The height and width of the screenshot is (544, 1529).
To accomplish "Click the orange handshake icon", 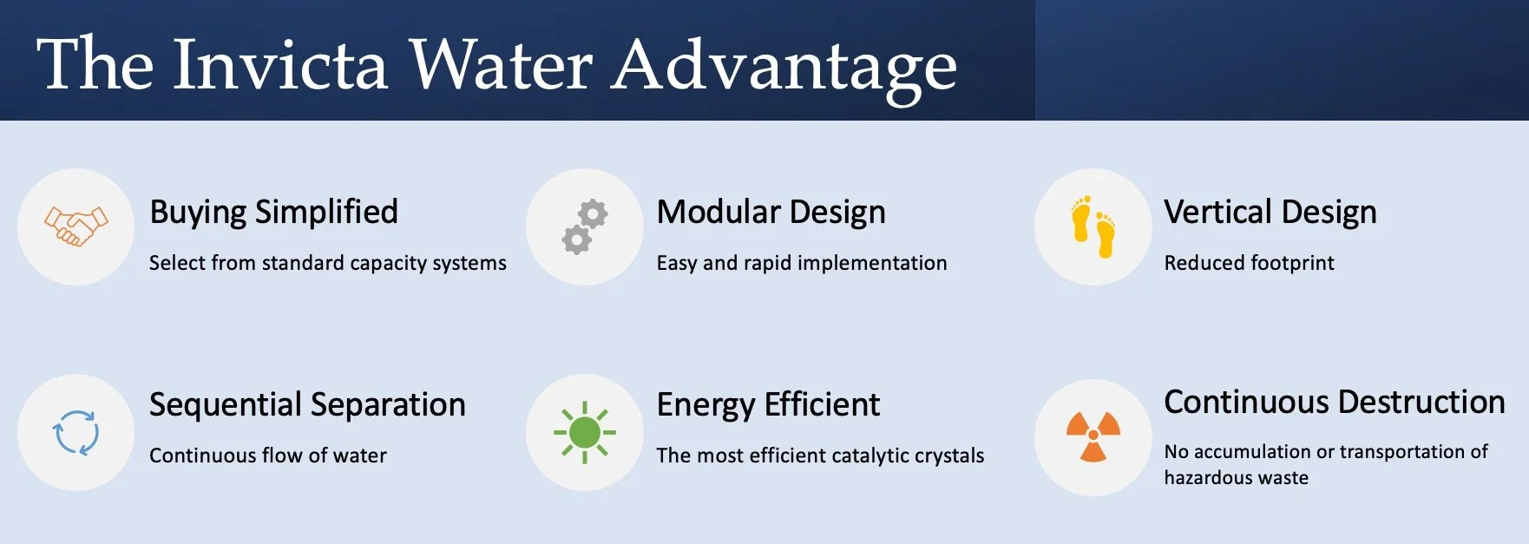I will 76,226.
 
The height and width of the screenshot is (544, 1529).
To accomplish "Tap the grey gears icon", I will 584,226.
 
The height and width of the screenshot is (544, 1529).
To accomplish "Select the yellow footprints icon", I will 1093,226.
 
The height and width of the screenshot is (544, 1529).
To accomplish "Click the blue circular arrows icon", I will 76,432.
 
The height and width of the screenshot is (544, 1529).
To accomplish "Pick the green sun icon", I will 584,432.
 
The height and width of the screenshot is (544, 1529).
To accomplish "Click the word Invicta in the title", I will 279,64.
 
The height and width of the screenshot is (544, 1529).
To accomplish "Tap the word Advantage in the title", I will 784,64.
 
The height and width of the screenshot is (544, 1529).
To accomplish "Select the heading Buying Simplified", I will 273,213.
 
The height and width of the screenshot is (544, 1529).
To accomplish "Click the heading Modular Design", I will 771,213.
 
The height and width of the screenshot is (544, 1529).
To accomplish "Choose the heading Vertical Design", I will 1270,213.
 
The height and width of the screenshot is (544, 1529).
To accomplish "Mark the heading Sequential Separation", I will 307,405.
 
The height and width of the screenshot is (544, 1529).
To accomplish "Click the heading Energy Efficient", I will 768,405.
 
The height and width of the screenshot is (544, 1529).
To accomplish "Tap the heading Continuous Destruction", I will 1334,403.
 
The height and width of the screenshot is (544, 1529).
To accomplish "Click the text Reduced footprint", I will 1249,263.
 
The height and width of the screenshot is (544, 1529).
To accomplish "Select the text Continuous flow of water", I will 267,456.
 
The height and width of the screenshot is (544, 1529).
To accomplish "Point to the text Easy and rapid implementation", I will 801,263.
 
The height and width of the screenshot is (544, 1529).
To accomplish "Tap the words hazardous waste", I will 1236,478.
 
